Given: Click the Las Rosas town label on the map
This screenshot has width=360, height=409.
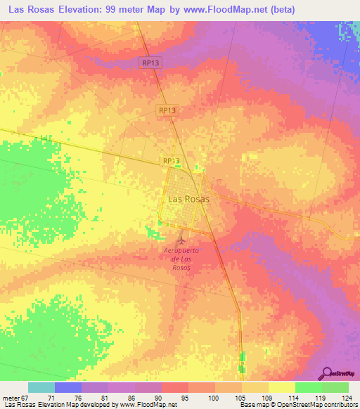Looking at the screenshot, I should tap(188, 199).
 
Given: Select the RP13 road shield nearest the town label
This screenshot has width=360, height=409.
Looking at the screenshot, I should tap(172, 161).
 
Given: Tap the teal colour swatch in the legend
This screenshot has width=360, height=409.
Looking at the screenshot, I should tap(41, 387).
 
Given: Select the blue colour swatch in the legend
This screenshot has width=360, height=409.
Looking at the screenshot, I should tap(68, 387).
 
